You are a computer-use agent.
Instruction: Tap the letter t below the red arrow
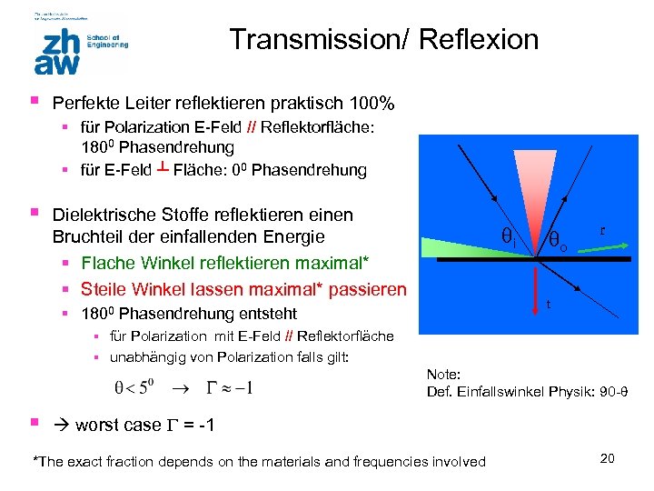tap(548, 305)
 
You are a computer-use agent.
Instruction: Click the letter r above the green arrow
tap(603, 231)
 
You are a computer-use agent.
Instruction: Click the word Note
tap(444, 375)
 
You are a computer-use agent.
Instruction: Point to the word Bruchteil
tap(88, 238)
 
